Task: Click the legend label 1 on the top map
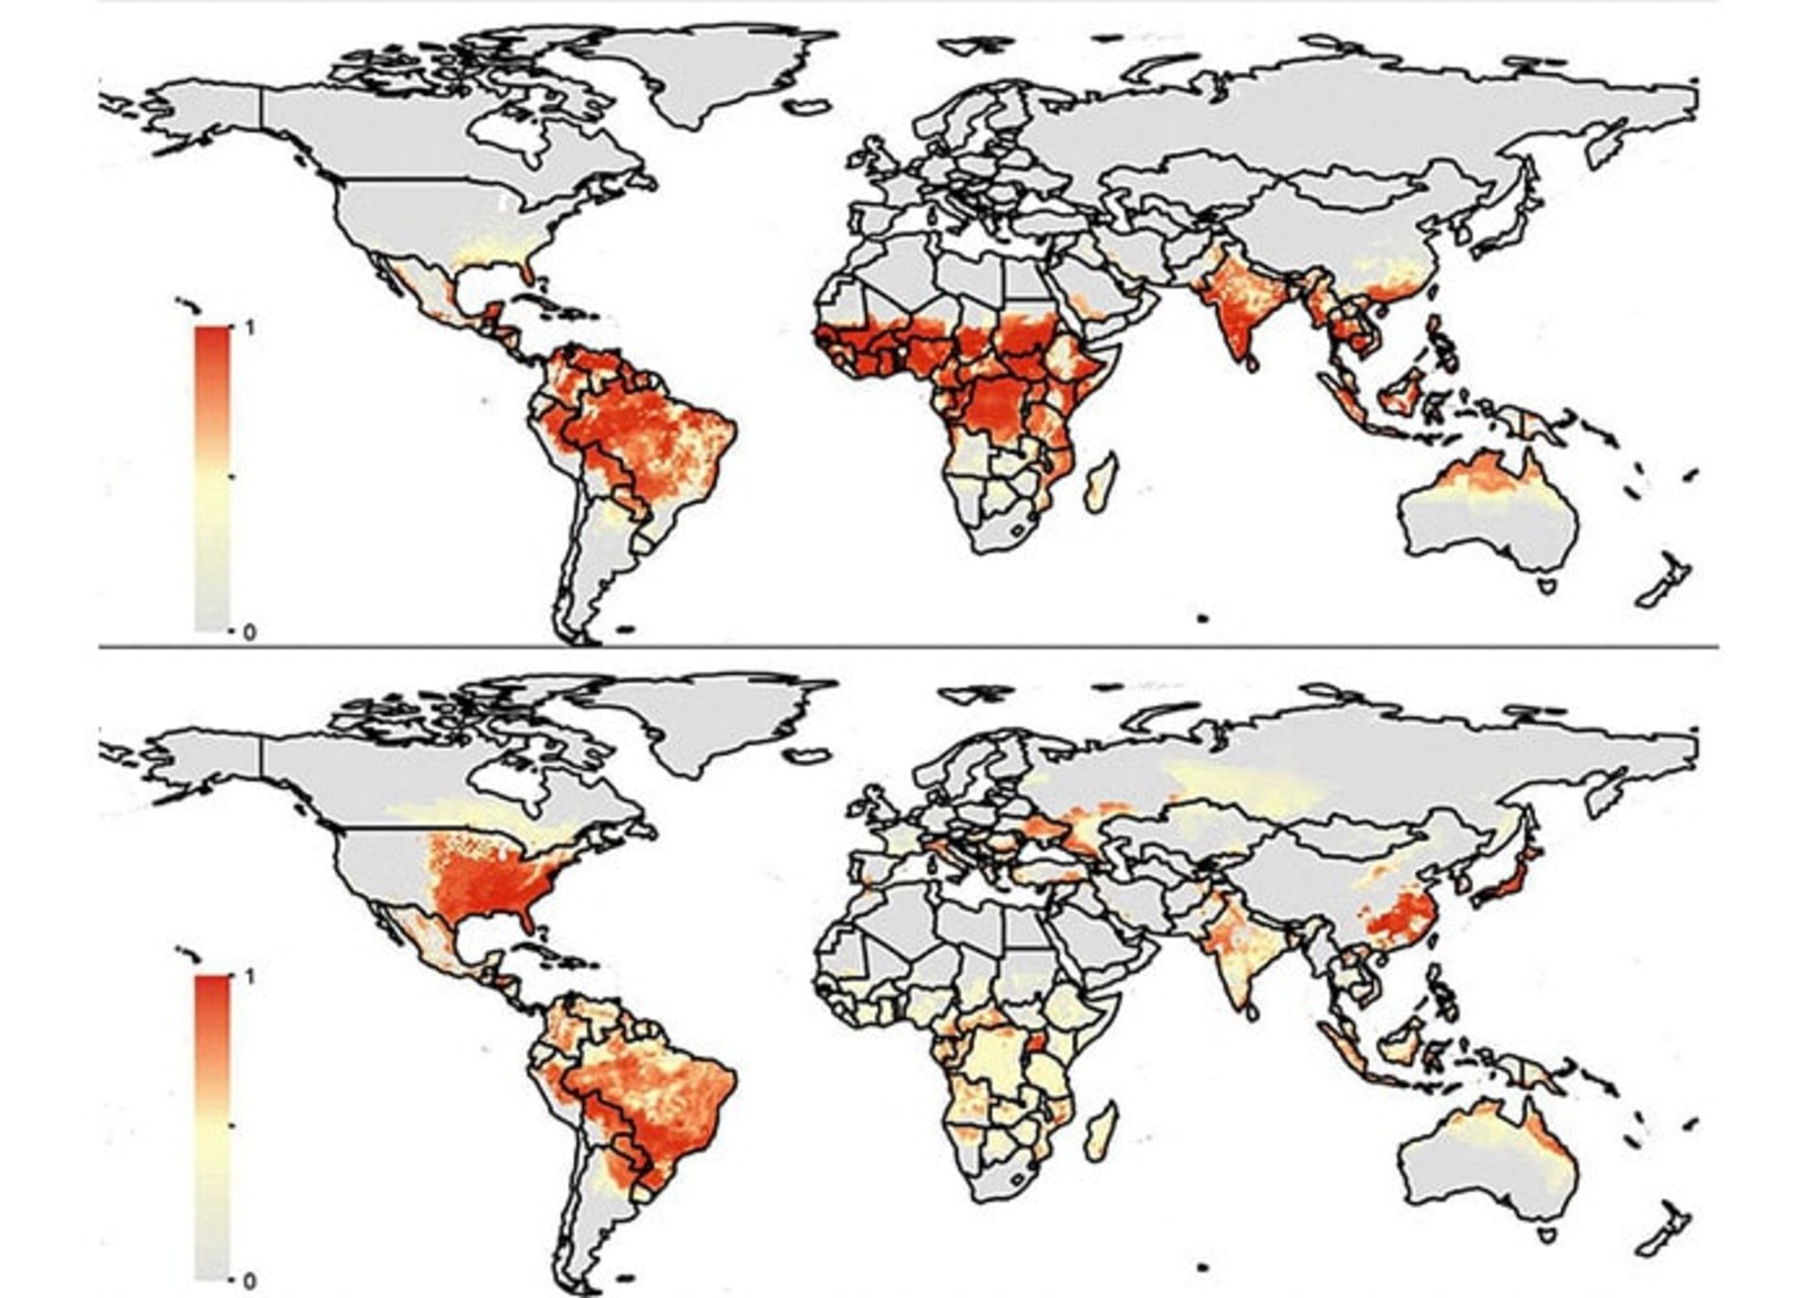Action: pyautogui.click(x=249, y=328)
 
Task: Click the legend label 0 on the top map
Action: pyautogui.click(x=249, y=631)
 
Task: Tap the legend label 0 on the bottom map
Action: pyautogui.click(x=249, y=1281)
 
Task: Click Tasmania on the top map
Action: pyautogui.click(x=1549, y=587)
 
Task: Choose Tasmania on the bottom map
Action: pyautogui.click(x=1549, y=1235)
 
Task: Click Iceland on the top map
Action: pyautogui.click(x=810, y=107)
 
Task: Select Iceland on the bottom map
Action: pyautogui.click(x=810, y=755)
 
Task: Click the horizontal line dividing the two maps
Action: pyautogui.click(x=909, y=648)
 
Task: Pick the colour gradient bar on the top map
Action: pyautogui.click(x=212, y=478)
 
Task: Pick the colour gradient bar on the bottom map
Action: pyautogui.click(x=212, y=1127)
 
